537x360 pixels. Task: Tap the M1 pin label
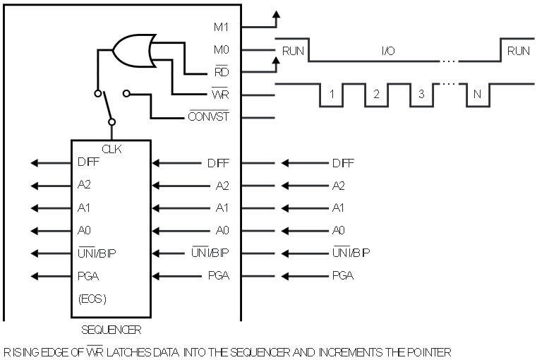[x=222, y=28]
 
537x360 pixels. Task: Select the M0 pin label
[x=222, y=50]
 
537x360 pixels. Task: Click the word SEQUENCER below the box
[x=111, y=330]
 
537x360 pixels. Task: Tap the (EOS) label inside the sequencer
[x=92, y=299]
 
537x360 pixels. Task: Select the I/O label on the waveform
[x=388, y=51]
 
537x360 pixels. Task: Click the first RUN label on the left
[x=292, y=51]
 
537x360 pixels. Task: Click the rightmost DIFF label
[x=343, y=163]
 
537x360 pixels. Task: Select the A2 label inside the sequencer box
[x=85, y=186]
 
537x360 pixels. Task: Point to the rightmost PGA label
[x=343, y=275]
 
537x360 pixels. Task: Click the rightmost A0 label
[x=339, y=230]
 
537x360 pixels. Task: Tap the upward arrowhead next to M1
[x=276, y=14]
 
